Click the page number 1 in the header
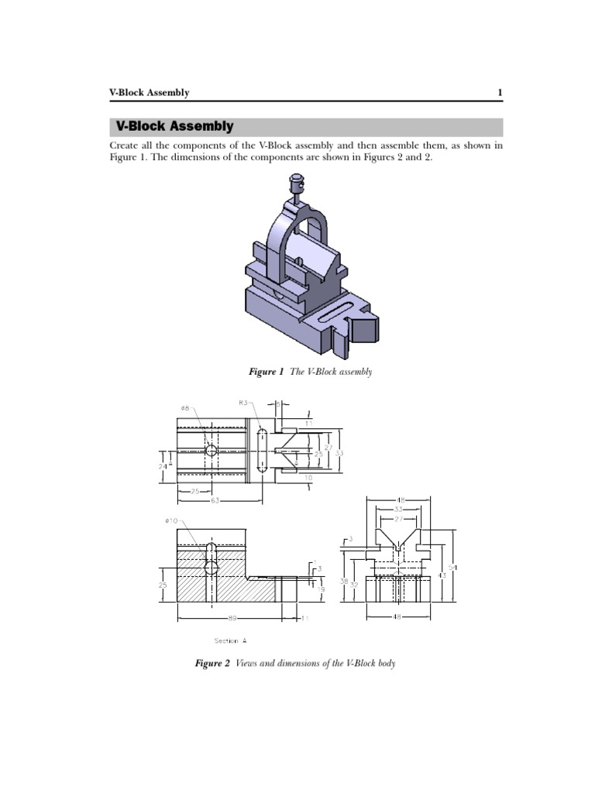pyautogui.click(x=500, y=93)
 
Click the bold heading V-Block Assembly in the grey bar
pyautogui.click(x=174, y=126)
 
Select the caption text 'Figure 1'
pyautogui.click(x=266, y=372)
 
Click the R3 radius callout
pyautogui.click(x=244, y=403)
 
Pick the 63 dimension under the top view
pyautogui.click(x=215, y=500)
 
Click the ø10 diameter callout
pyautogui.click(x=171, y=520)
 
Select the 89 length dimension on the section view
pyautogui.click(x=232, y=618)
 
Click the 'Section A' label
pyautogui.click(x=232, y=640)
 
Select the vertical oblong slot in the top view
pyautogui.click(x=261, y=450)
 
